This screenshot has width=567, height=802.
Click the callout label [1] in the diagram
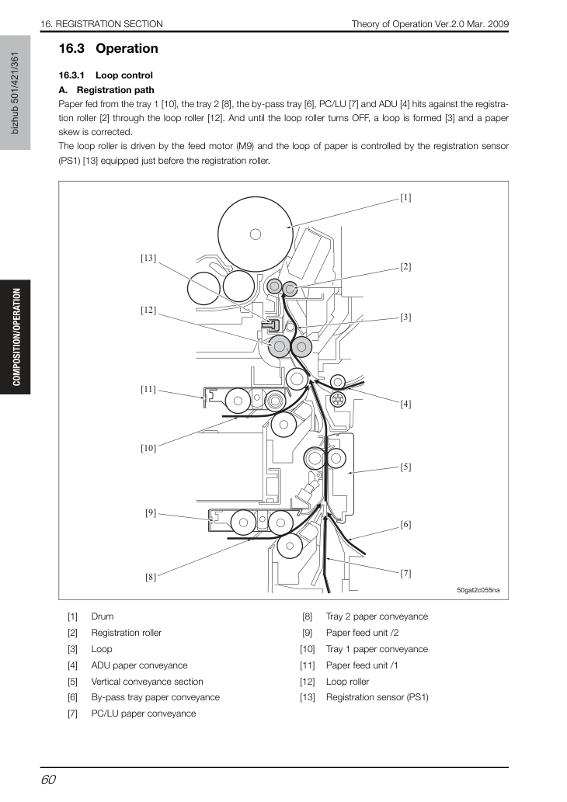405,197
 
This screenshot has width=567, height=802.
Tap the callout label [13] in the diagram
148,258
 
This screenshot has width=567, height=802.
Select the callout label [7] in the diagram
405,574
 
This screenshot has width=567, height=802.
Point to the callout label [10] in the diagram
148,448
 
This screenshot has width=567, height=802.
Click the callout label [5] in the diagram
405,467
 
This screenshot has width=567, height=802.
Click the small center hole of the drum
256,234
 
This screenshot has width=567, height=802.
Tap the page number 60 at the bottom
48,779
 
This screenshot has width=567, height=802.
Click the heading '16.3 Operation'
109,49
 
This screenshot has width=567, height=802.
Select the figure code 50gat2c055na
478,590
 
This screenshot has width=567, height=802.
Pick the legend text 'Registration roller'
126,633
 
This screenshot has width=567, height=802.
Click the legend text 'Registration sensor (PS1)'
377,697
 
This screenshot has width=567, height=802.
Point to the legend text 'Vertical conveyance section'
147,682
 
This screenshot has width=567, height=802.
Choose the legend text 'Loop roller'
347,682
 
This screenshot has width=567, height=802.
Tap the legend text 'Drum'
103,616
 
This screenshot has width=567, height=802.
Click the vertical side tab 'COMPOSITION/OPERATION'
16,337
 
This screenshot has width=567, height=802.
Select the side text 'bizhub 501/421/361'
15,92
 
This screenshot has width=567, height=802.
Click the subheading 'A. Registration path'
106,90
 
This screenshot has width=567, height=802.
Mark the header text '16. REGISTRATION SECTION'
102,24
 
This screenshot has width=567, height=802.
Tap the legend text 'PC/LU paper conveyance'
143,713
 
